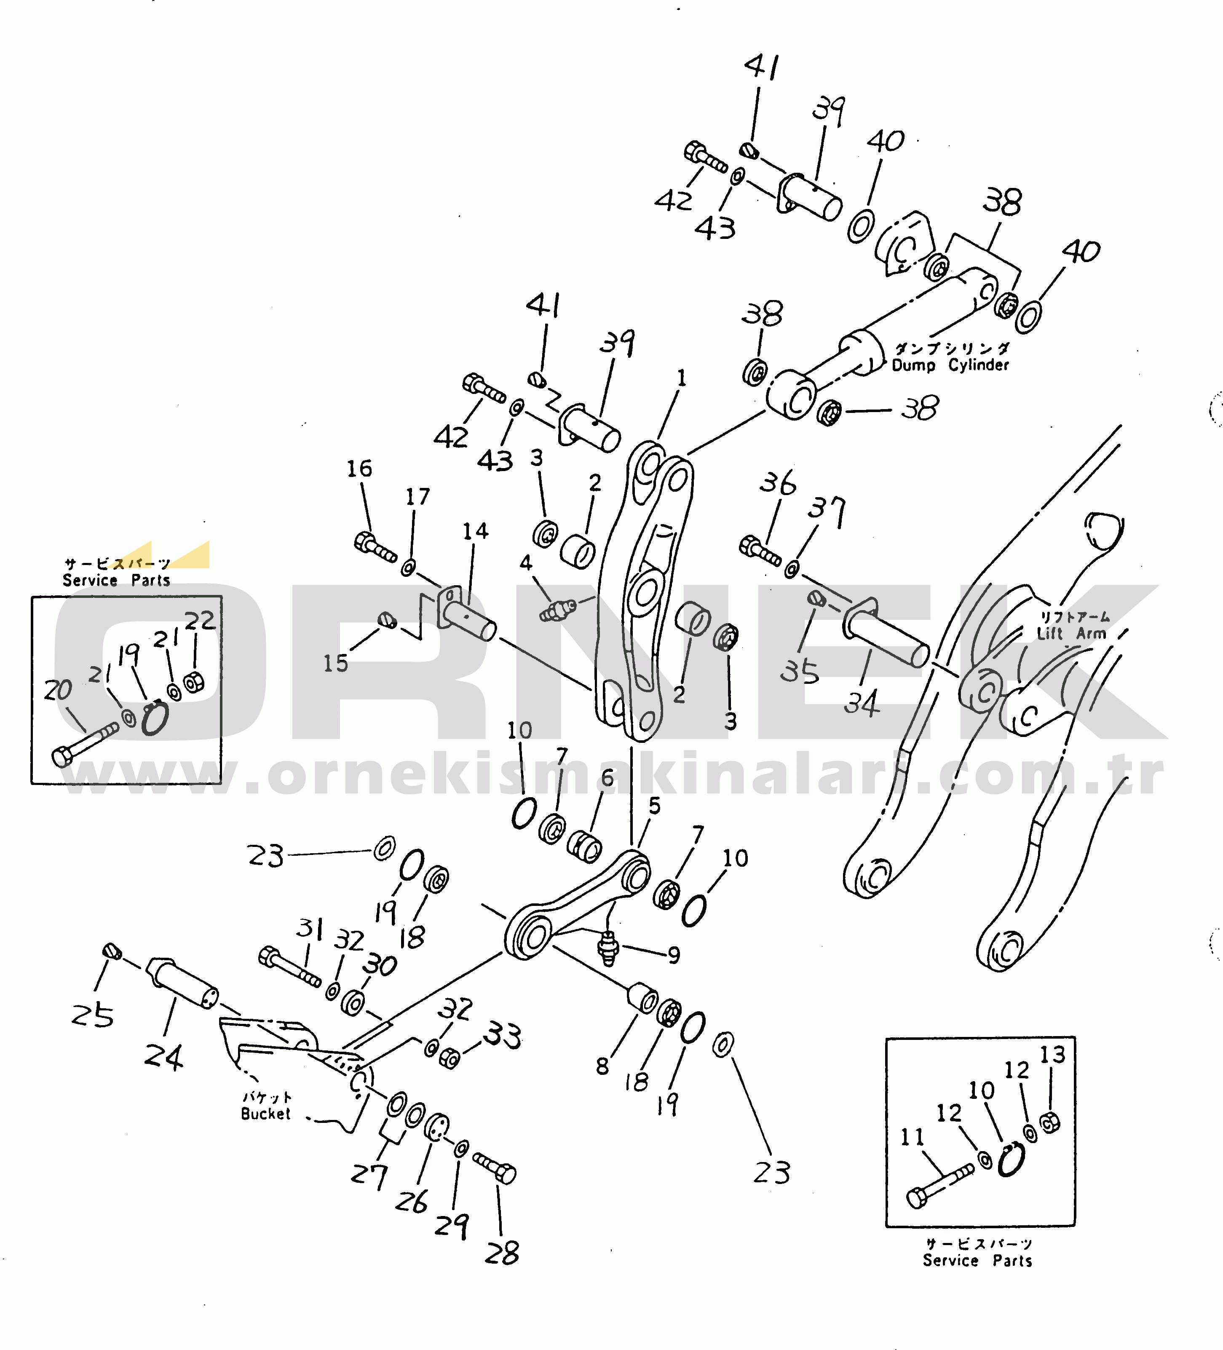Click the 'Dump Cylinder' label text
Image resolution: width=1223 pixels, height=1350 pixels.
[x=950, y=365]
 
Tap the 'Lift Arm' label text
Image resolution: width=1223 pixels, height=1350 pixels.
[x=1072, y=633]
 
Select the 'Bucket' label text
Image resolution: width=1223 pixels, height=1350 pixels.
[x=266, y=1114]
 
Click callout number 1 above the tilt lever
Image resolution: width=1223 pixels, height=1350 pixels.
[x=682, y=378]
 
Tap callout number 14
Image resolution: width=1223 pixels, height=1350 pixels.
[x=475, y=532]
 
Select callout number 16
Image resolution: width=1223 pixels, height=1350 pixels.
[x=359, y=469]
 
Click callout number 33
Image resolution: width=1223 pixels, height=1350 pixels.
[x=502, y=1035]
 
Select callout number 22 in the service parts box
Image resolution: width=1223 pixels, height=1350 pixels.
[x=200, y=621]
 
